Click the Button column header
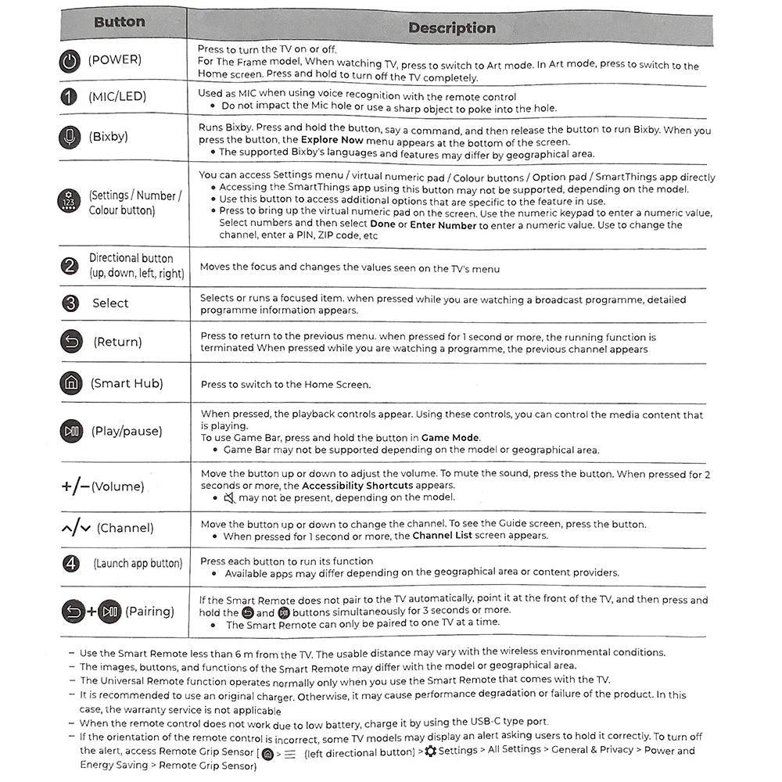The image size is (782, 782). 119,22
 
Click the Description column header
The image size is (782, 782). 451,28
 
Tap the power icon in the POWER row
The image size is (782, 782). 70,61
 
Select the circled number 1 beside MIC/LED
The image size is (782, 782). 70,96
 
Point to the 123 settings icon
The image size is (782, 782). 70,201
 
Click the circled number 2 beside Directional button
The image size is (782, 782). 70,266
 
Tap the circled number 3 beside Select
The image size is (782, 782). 70,303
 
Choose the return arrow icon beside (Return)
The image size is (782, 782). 70,342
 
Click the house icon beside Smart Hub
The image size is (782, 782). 70,383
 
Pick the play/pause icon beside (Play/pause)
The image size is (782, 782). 71,431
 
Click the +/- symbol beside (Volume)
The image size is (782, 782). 75,486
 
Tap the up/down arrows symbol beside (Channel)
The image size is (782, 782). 76,529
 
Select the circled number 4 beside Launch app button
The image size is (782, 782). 71,563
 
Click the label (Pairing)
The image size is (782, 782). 149,612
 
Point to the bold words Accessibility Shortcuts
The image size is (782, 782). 357,486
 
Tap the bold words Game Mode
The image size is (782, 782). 450,438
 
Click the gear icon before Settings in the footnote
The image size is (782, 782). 430,751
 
